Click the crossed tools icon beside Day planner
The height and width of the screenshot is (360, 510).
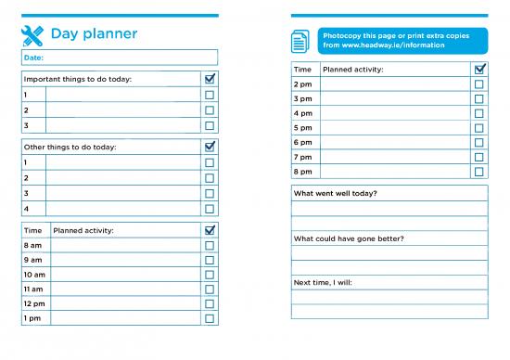point(32,35)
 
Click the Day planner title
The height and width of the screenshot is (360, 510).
point(94,34)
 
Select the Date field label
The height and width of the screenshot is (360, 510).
point(32,58)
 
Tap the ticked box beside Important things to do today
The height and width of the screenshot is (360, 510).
point(210,79)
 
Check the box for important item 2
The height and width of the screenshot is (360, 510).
point(210,109)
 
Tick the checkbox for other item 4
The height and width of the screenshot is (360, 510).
point(210,209)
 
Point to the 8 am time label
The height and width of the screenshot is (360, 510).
point(32,246)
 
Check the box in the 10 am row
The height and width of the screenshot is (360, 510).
point(210,275)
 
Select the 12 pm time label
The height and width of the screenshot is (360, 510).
point(33,303)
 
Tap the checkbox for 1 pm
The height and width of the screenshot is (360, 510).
point(210,318)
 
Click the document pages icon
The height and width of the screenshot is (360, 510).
point(300,41)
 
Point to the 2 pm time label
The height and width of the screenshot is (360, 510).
point(302,84)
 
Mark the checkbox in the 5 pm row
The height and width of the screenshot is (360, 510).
point(478,128)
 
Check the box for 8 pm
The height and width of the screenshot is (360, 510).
point(478,172)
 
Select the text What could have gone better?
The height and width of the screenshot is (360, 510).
point(349,238)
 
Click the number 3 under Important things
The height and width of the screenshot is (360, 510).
point(26,125)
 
